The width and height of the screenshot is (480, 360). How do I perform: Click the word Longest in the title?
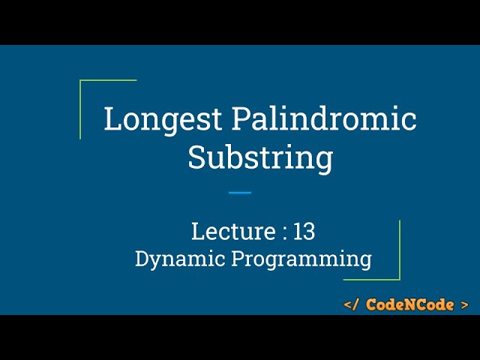(163, 120)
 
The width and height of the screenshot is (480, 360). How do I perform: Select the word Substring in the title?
(260, 158)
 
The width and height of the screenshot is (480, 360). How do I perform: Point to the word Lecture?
(233, 232)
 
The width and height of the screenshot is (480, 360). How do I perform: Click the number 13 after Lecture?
(304, 232)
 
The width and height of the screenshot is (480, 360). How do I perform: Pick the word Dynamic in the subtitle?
(178, 259)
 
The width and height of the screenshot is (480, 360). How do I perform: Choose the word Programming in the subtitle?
(301, 259)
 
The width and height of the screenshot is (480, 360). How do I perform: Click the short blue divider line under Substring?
(240, 193)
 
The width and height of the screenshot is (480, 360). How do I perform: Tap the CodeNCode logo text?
(409, 304)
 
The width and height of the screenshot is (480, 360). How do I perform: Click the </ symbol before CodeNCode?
(352, 304)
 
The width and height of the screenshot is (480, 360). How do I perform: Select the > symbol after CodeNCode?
(465, 304)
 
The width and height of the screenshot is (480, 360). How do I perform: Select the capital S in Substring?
(196, 158)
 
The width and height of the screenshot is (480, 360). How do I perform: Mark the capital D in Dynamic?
(142, 259)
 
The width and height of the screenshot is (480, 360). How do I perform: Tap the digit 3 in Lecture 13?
(309, 232)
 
